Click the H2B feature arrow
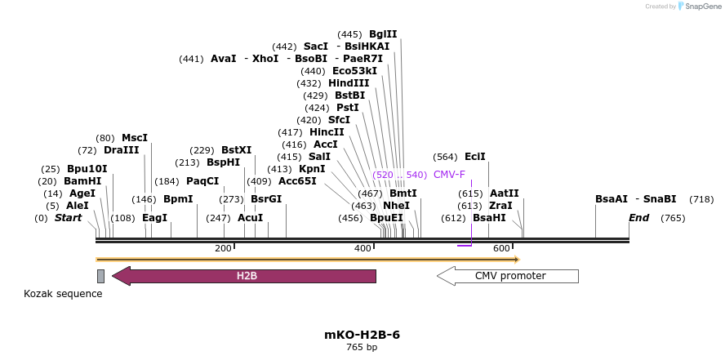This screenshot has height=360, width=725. [x=245, y=276]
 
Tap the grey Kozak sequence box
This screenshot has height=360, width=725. [x=100, y=276]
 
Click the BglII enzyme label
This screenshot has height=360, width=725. [x=383, y=34]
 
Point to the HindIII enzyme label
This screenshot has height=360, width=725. [x=349, y=83]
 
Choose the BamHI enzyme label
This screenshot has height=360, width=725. [x=84, y=181]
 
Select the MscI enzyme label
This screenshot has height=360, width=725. [x=135, y=138]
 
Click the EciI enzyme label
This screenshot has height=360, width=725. [x=474, y=157]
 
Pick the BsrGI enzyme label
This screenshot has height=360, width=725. [x=266, y=199]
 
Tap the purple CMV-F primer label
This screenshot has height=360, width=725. [x=449, y=175]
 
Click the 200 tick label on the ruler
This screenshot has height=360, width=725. [x=223, y=248]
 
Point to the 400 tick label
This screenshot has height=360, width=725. [x=362, y=248]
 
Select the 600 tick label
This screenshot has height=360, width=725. [x=501, y=248]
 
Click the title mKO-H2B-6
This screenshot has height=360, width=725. [x=362, y=335]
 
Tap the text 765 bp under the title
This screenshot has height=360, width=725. [x=362, y=348]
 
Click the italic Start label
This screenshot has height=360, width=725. [x=69, y=218]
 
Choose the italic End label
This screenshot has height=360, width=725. [x=638, y=218]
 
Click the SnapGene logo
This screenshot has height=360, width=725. [x=698, y=7]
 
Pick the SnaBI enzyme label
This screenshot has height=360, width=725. [x=660, y=199]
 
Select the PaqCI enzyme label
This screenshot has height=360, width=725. [x=202, y=181]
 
